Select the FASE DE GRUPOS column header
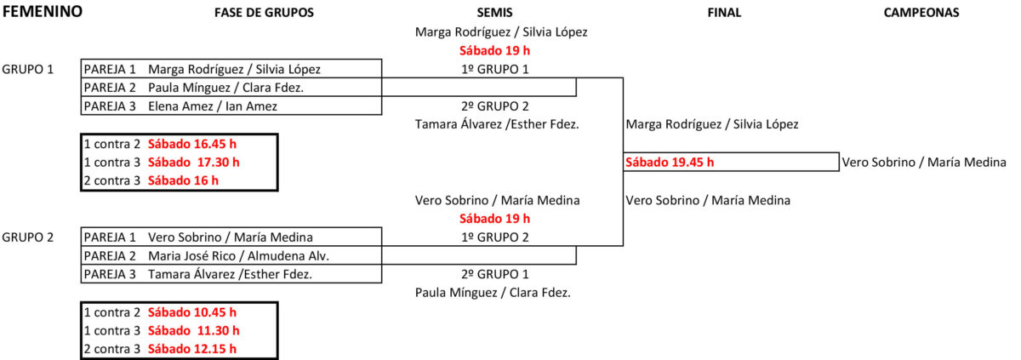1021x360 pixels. click(264, 13)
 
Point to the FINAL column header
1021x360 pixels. click(724, 13)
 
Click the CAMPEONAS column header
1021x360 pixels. click(921, 13)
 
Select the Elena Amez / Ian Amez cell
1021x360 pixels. click(212, 106)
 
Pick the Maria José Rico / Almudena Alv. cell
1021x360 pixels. click(238, 255)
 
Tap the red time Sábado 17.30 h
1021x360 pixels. click(193, 162)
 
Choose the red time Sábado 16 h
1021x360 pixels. click(183, 180)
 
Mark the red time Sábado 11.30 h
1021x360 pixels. click(193, 330)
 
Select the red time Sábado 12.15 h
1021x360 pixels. click(191, 349)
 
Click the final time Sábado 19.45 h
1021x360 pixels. click(670, 162)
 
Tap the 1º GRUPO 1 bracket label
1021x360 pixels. click(501, 69)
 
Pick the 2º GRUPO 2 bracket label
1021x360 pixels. click(501, 106)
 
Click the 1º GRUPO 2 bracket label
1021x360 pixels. click(501, 237)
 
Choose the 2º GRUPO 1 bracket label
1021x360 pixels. click(501, 274)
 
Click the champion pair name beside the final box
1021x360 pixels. click(923, 162)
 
